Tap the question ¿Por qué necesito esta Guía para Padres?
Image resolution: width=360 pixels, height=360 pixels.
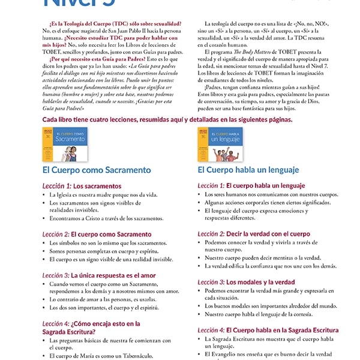[x=97, y=59]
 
